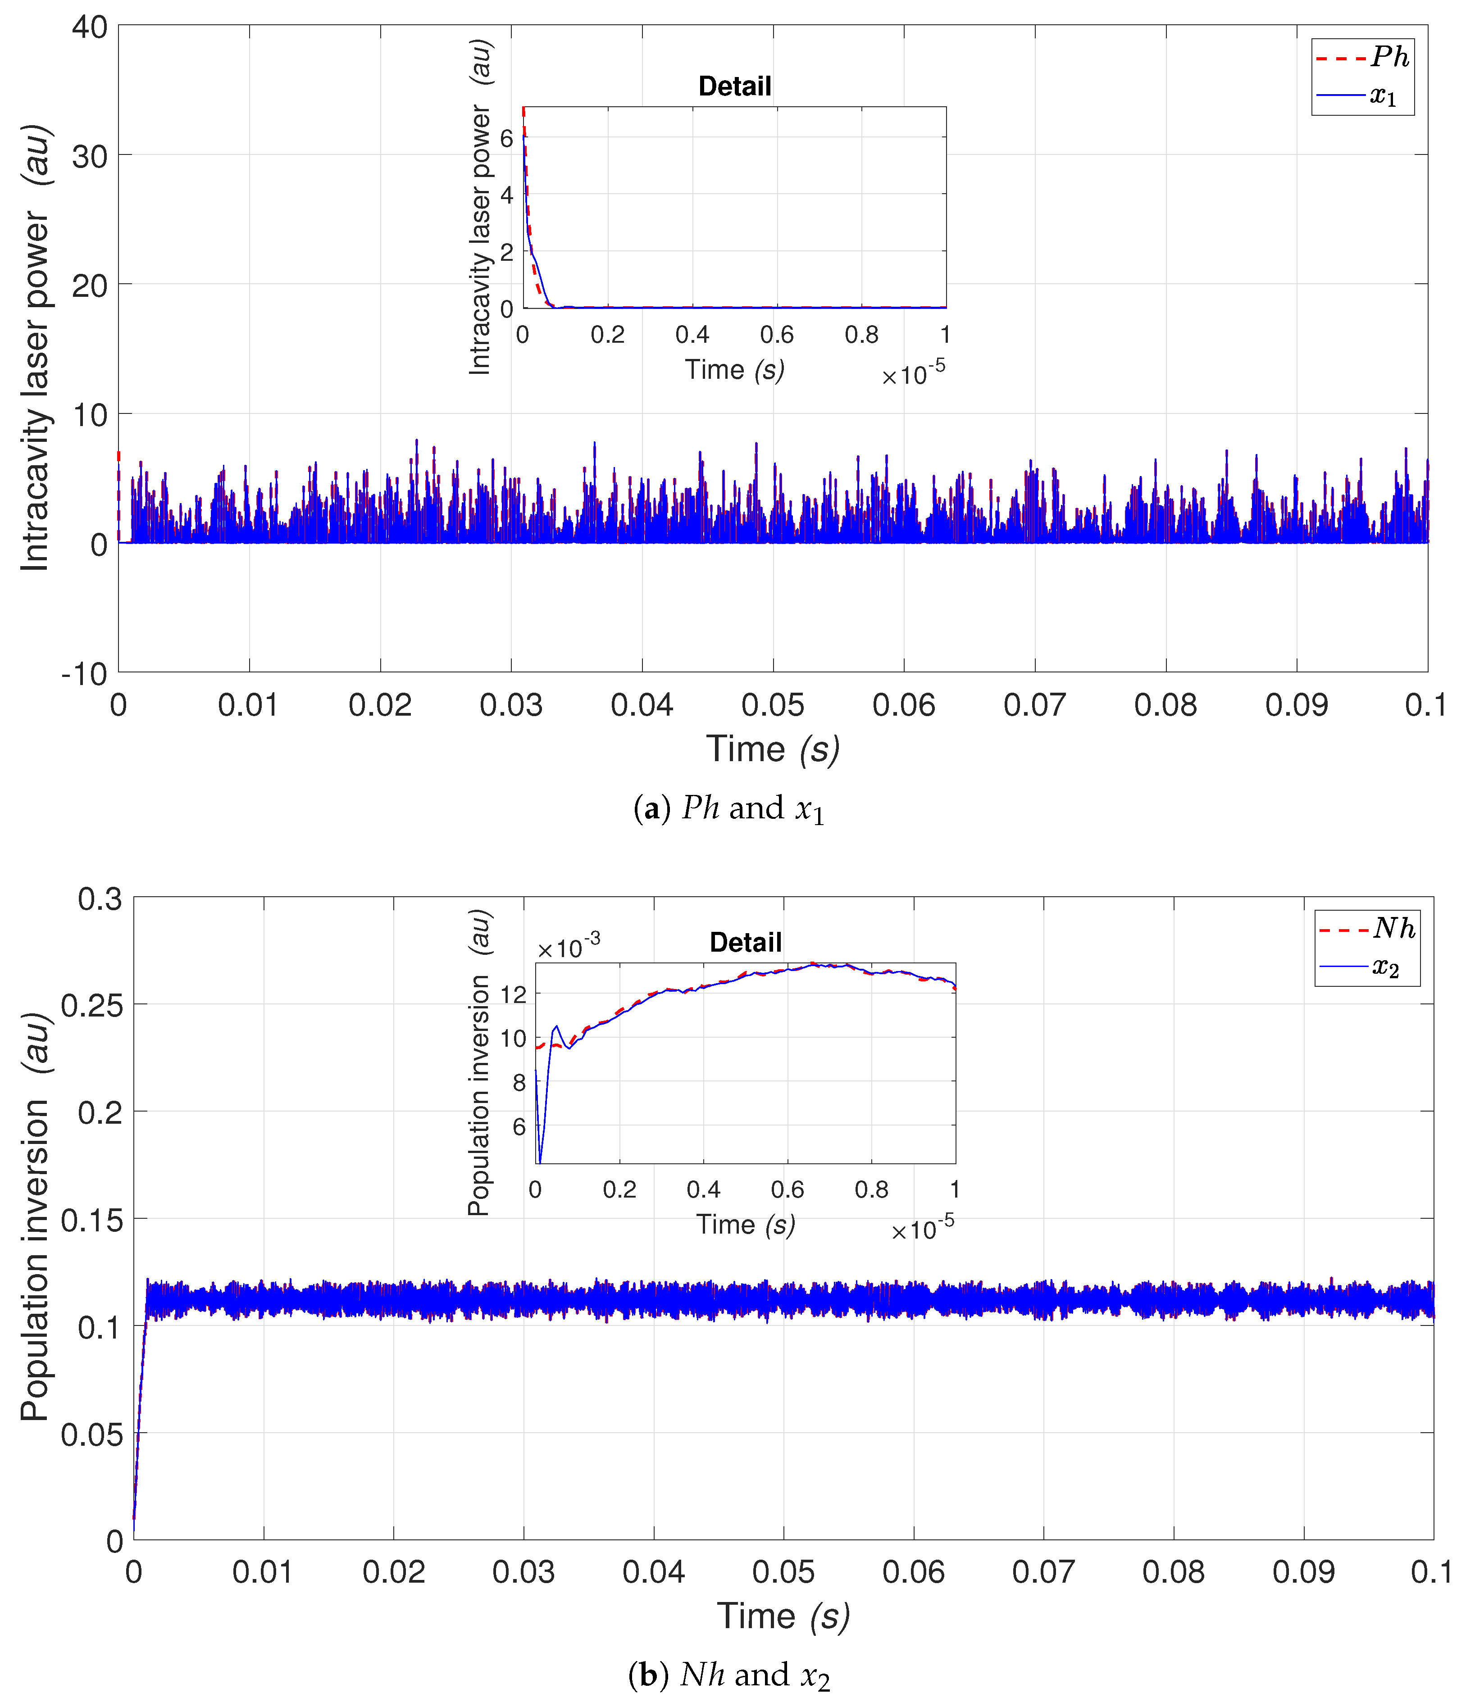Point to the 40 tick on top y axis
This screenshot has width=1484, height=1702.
click(x=90, y=27)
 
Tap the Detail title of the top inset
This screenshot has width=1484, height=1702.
click(x=734, y=86)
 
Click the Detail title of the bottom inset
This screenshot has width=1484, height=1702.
click(x=745, y=942)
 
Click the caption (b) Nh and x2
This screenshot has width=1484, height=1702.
click(x=729, y=1675)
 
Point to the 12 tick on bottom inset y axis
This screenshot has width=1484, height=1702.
click(x=514, y=994)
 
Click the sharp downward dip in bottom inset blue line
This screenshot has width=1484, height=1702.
click(x=540, y=1161)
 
